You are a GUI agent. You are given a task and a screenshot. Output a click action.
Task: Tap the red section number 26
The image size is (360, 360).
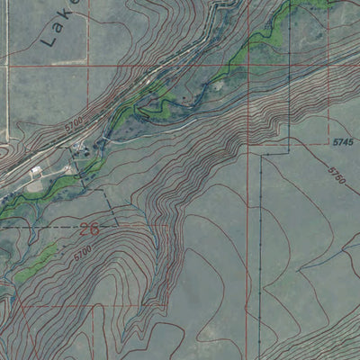(x=89, y=229)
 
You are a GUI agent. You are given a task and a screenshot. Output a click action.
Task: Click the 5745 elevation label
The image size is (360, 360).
(x=343, y=143)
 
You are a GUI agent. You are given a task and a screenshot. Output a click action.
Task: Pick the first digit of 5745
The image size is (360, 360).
(x=334, y=143)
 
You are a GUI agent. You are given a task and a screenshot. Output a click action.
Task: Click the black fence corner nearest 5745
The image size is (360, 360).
(x=262, y=155)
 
